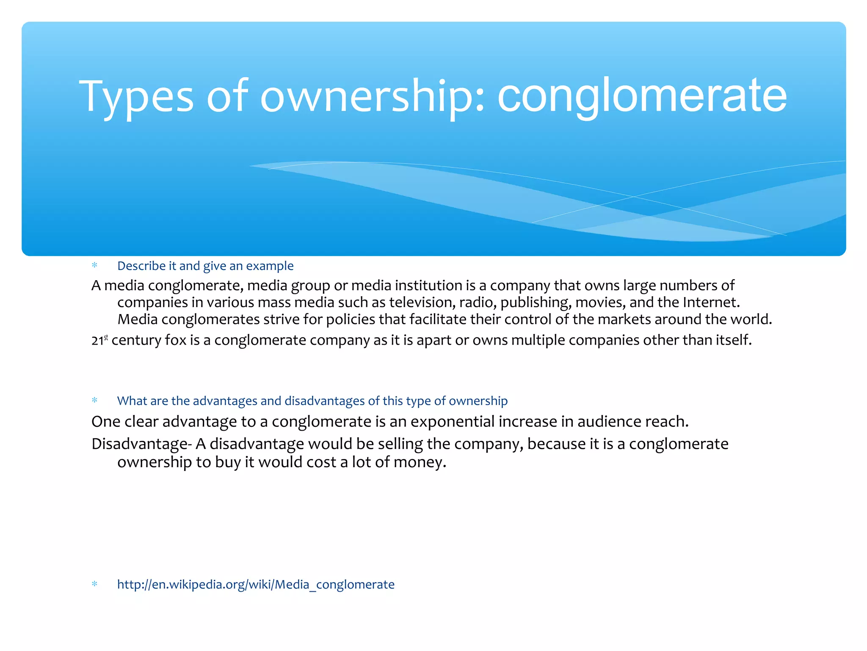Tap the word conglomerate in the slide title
click(x=642, y=97)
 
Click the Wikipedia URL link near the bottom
click(x=256, y=584)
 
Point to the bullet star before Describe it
click(x=94, y=265)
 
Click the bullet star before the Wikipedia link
click(x=94, y=584)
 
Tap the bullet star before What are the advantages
click(x=94, y=400)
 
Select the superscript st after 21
click(x=106, y=337)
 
